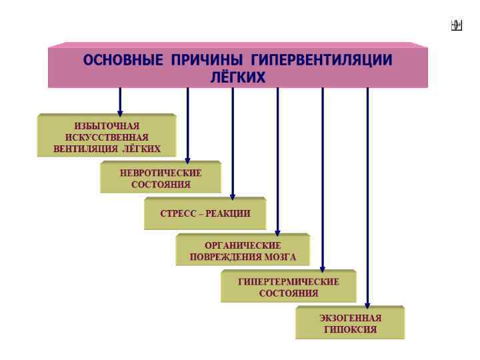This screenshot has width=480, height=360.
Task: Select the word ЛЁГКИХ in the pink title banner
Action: click(238, 77)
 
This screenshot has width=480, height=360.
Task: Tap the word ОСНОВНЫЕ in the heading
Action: click(123, 60)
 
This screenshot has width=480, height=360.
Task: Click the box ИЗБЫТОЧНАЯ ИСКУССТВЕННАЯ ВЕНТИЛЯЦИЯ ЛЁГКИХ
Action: click(107, 137)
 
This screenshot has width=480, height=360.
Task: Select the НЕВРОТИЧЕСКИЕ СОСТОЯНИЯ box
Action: click(161, 178)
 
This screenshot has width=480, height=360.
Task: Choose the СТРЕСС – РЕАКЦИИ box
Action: click(205, 214)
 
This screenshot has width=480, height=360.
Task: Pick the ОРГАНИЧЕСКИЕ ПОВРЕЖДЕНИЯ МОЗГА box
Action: click(243, 251)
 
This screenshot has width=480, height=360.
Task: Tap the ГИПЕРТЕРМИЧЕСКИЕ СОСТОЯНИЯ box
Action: click(289, 287)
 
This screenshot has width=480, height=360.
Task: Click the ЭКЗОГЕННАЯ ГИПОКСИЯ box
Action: click(350, 323)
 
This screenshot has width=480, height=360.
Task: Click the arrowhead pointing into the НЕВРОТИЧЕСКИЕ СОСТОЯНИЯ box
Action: click(188, 159)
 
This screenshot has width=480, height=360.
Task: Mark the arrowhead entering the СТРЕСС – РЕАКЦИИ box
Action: click(233, 195)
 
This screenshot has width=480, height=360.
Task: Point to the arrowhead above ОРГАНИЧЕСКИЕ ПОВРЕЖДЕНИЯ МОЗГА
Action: click(277, 231)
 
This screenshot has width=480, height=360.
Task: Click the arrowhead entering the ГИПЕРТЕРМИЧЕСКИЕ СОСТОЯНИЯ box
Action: click(323, 268)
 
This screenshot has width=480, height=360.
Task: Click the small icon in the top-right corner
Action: click(456, 26)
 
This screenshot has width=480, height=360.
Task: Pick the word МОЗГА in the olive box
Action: click(280, 257)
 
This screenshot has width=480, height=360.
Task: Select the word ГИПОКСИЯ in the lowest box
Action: click(350, 329)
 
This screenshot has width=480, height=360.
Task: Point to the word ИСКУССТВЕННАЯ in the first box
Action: click(107, 137)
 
